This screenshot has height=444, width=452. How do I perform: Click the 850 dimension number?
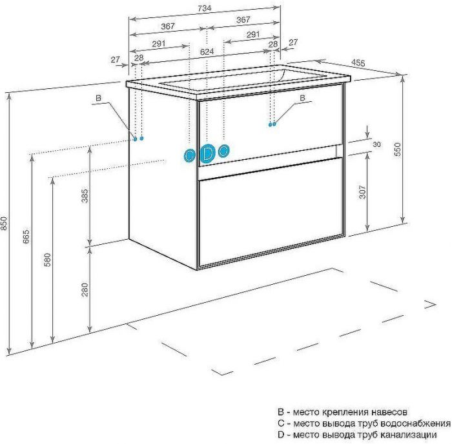click(x=5, y=222)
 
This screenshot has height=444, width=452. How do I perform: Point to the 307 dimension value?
click(x=362, y=192)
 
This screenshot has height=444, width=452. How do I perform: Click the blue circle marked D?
click(x=207, y=153)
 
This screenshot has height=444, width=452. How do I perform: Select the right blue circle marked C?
click(x=223, y=151)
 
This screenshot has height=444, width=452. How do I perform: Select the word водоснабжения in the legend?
click(x=418, y=423)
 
